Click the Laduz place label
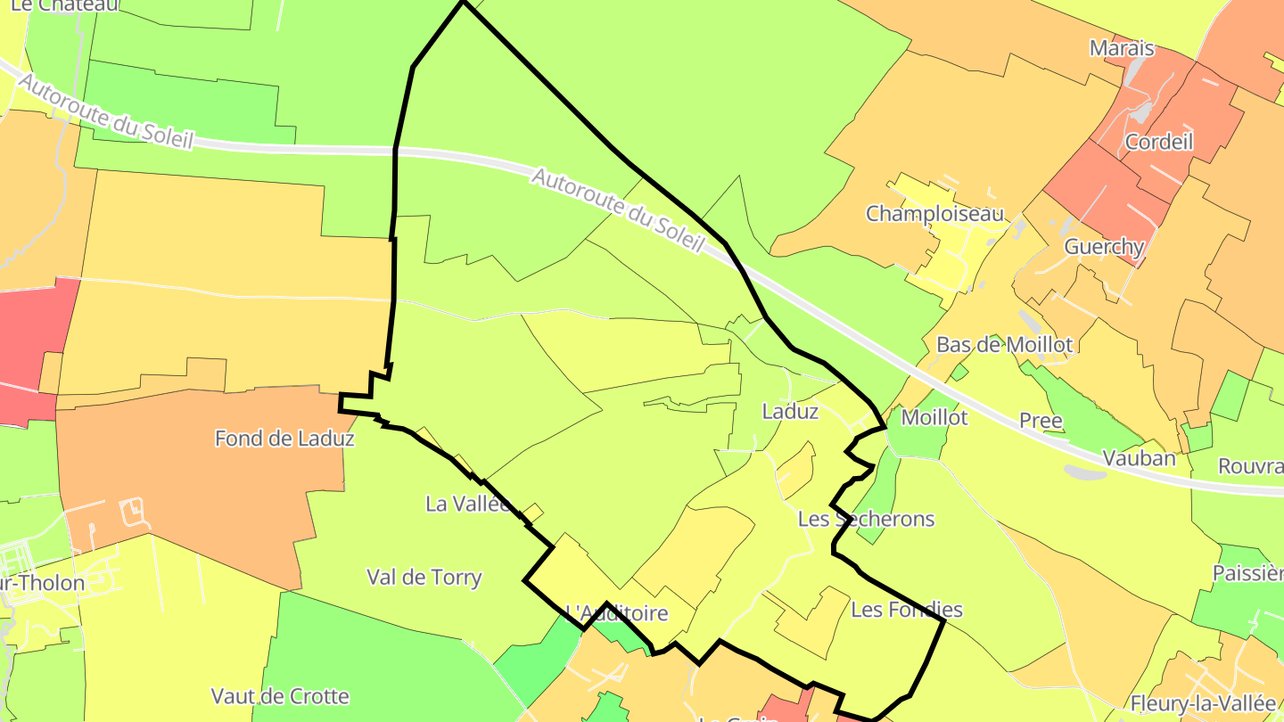(790, 412)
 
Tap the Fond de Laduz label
(284, 439)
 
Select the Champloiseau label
(934, 214)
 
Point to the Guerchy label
(1104, 247)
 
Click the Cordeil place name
(1158, 142)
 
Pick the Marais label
(1122, 48)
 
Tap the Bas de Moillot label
(1004, 345)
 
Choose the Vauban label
(1139, 459)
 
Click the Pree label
(1041, 421)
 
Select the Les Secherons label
(866, 519)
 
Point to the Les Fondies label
(907, 610)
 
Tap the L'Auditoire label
(617, 613)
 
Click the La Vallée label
(468, 504)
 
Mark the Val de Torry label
(424, 578)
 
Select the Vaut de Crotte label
(280, 696)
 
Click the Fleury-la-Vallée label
(1203, 703)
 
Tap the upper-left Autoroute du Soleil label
(104, 112)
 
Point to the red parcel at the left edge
(36, 348)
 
